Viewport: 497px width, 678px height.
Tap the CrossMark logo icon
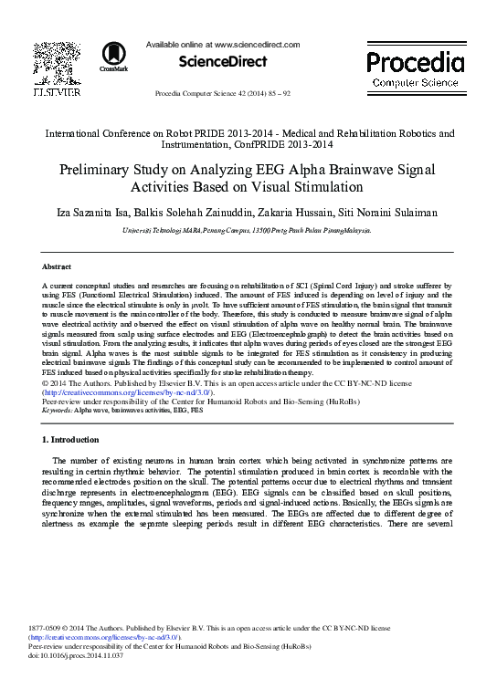[114, 55]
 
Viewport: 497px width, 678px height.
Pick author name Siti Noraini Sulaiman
[388, 213]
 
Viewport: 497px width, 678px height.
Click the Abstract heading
[58, 266]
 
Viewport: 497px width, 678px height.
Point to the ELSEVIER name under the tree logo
[57, 91]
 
